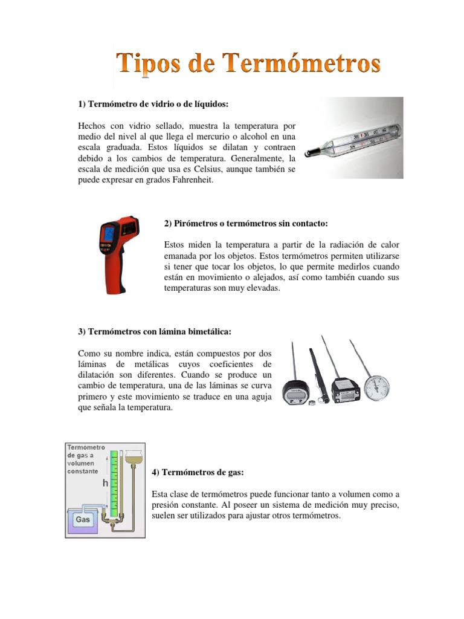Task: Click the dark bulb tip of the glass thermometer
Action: pos(308,153)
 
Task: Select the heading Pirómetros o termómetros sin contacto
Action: pos(246,224)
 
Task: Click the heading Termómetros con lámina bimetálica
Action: pos(155,332)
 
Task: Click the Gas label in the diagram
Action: pos(82,519)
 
